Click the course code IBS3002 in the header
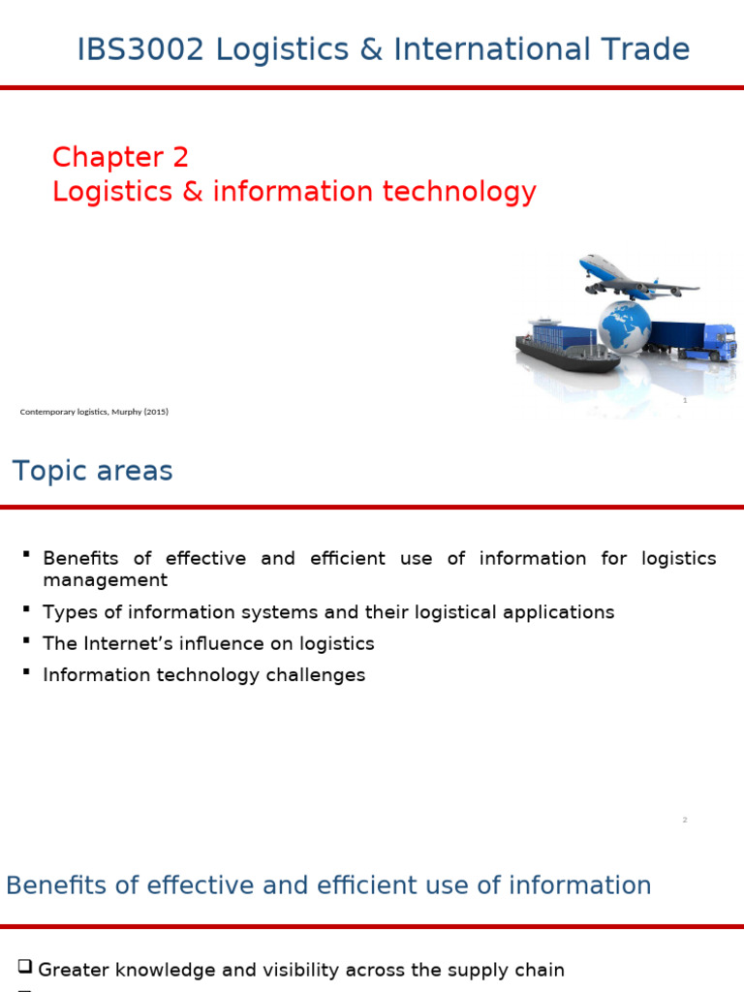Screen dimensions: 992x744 [x=140, y=49]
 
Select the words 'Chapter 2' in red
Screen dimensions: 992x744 [x=120, y=157]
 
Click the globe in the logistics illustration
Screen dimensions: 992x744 [x=626, y=326]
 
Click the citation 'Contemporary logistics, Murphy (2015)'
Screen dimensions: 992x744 [x=94, y=412]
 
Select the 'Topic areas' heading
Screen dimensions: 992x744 [x=92, y=472]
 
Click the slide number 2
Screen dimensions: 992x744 [x=685, y=821]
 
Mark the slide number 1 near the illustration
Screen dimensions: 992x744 [x=685, y=400]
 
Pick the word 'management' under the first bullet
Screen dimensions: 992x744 [x=105, y=580]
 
